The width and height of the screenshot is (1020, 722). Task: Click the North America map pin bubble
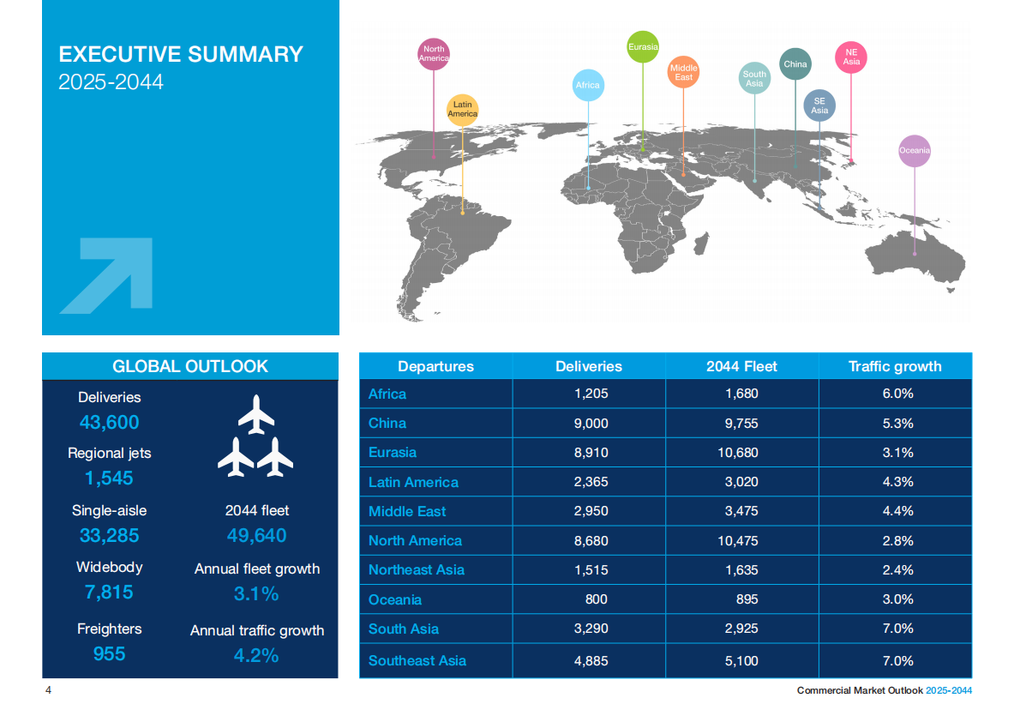tap(434, 54)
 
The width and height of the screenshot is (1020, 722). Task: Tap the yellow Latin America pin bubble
tap(462, 110)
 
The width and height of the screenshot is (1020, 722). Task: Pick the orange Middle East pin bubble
tap(683, 72)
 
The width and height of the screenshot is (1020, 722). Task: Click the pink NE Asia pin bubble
tap(850, 57)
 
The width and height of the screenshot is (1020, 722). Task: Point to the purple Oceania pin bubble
tap(914, 151)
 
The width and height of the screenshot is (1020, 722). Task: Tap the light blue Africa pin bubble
tap(587, 86)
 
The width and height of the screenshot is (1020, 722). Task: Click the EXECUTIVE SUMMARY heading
tap(181, 55)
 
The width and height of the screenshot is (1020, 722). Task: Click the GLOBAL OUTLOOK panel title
tap(190, 366)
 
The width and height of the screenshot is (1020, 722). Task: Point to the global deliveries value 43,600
tap(109, 423)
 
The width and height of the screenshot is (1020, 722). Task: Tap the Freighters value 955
tap(109, 654)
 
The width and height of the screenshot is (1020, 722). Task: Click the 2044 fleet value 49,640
tap(256, 536)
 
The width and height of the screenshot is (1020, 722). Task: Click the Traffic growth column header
tap(895, 366)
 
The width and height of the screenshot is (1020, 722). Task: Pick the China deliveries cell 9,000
tap(589, 424)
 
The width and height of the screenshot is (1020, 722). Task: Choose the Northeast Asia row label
tap(416, 570)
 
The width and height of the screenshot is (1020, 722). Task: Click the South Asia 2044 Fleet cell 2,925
tap(741, 629)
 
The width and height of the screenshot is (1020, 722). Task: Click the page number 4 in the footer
tap(49, 690)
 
